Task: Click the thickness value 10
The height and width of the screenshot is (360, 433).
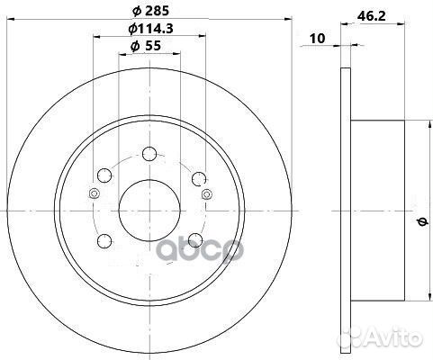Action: point(316,39)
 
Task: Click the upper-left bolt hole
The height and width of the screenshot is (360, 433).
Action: point(104,174)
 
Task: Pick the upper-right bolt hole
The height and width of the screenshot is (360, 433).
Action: point(195,174)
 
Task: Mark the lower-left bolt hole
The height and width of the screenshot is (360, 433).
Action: point(104,239)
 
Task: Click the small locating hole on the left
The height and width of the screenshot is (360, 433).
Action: point(92,195)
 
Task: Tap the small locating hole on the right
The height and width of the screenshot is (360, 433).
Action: point(207,195)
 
